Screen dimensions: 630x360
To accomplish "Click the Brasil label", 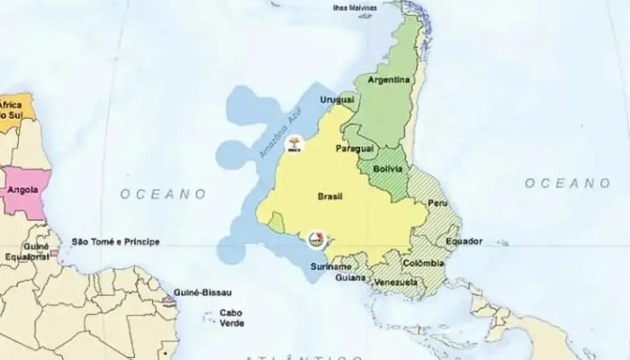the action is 332,194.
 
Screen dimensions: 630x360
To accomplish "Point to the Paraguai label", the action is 354,147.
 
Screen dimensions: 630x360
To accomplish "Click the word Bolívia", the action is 389,169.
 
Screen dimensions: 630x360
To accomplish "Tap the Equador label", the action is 464,241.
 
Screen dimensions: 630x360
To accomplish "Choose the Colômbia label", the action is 424,263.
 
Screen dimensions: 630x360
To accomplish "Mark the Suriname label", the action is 332,267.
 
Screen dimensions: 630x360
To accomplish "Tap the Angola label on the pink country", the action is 22,190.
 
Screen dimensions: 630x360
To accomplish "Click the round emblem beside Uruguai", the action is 293,143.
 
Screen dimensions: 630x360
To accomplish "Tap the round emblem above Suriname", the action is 316,239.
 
